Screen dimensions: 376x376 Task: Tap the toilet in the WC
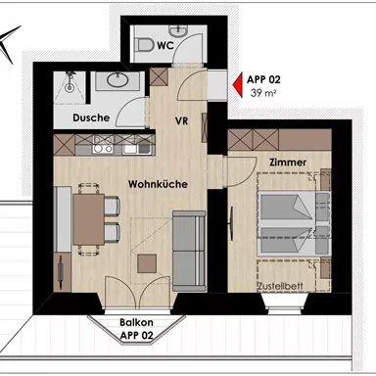(x=145, y=45)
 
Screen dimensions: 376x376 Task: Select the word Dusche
(x=89, y=118)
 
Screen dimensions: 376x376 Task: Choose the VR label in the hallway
(x=181, y=122)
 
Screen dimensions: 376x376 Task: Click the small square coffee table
(x=147, y=262)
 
